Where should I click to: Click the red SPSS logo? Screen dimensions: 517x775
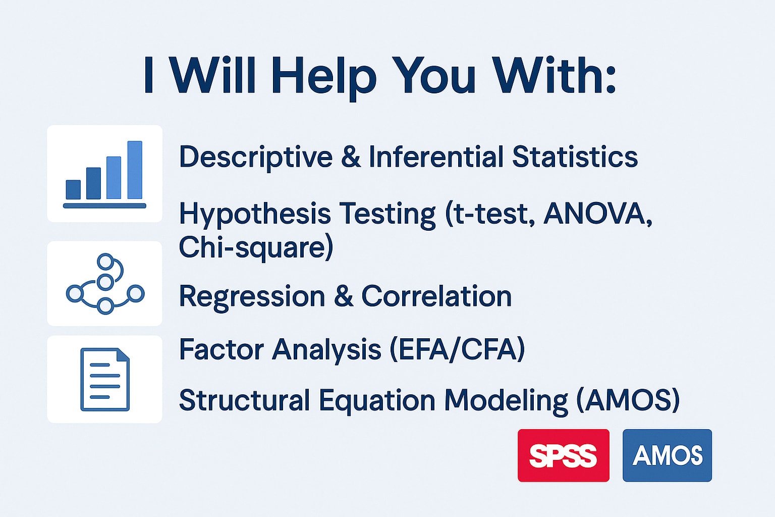click(x=563, y=455)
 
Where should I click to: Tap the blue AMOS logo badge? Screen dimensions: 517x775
click(x=667, y=455)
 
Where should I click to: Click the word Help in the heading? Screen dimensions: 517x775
click(x=323, y=75)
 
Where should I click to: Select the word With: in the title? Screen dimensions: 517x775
click(x=553, y=75)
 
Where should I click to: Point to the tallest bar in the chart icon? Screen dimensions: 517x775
click(x=135, y=170)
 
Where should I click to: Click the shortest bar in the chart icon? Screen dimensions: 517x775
click(x=73, y=189)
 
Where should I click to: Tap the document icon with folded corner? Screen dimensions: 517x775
click(x=105, y=379)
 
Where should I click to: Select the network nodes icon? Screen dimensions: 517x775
click(x=105, y=284)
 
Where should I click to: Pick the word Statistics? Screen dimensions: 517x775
click(x=575, y=157)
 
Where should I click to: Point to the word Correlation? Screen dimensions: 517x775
click(x=436, y=296)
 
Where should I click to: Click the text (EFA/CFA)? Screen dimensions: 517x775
click(x=457, y=349)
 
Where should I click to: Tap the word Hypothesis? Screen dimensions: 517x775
click(x=255, y=214)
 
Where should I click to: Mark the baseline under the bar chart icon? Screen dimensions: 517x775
click(x=104, y=206)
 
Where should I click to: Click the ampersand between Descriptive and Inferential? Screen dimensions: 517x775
click(x=351, y=157)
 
